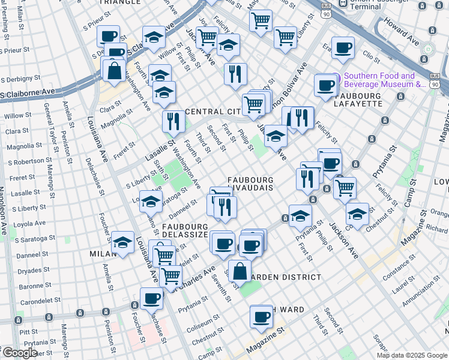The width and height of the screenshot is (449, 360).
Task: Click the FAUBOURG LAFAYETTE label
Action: (358, 100)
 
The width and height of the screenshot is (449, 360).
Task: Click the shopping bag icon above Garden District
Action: (240, 269)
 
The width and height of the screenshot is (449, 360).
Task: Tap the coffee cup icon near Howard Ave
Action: (343, 48)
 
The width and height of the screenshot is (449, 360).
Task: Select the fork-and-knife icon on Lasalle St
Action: (173, 121)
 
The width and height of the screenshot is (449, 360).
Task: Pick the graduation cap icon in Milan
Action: (122, 242)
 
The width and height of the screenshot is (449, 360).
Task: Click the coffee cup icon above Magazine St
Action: (261, 316)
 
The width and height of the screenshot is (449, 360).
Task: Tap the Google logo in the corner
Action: (19, 353)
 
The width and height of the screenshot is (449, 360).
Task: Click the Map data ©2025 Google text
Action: (411, 355)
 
